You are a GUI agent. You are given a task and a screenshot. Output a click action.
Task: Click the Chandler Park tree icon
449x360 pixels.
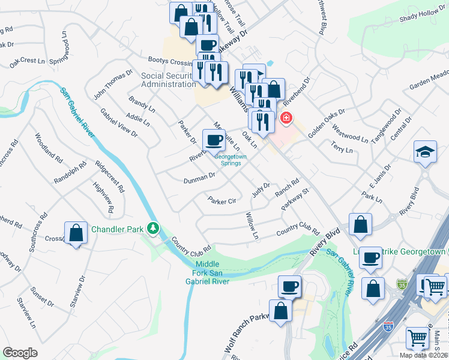(154, 228)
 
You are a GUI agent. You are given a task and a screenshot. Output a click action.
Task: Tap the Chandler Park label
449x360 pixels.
(119, 229)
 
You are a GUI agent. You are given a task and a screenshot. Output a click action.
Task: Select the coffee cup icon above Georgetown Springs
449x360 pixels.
(214, 141)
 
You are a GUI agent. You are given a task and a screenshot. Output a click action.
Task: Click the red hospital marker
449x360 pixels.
(286, 118)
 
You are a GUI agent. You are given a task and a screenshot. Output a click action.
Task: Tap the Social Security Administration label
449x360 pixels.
(169, 80)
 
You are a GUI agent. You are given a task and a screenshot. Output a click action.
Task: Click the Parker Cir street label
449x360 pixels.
(221, 201)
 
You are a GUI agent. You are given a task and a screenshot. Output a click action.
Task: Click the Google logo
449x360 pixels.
(20, 353)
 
